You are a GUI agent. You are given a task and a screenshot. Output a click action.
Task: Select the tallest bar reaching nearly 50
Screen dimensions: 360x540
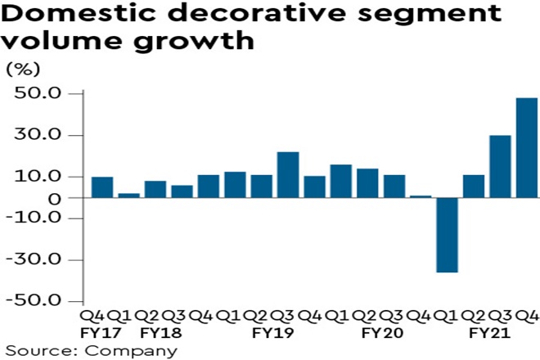(x=527, y=147)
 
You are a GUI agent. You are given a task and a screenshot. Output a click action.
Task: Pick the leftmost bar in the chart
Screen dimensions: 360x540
(x=102, y=187)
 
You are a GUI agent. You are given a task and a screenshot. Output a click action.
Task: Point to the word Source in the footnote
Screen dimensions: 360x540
(x=38, y=351)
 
